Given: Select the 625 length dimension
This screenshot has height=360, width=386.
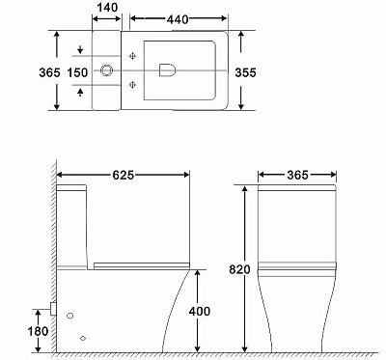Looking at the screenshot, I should (x=122, y=175).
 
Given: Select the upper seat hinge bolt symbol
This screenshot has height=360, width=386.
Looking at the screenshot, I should (x=131, y=56).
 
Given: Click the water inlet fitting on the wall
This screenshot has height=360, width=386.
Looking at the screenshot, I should (x=51, y=311).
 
